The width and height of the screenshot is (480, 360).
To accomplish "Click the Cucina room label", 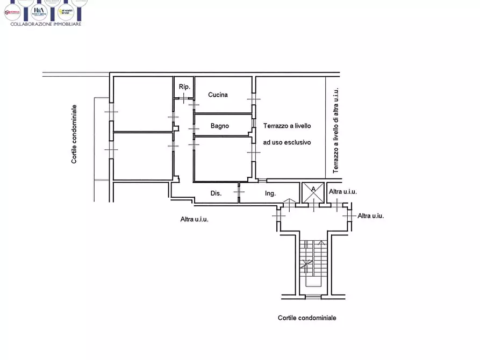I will tap(218, 95).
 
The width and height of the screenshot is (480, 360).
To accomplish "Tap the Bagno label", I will tap(219, 126).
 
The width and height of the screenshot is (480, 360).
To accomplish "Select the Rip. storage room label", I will tap(184, 86).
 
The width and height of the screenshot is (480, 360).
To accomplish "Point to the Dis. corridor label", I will tap(216, 193).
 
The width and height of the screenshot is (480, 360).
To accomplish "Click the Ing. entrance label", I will tap(270, 193).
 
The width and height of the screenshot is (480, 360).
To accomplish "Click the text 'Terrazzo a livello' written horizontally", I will tap(286, 126).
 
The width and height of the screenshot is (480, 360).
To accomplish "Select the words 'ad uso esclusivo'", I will tap(286, 143).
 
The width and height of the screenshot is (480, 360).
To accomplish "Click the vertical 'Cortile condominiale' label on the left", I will tap(74, 134).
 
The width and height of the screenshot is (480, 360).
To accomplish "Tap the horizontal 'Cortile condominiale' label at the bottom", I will tap(307, 318).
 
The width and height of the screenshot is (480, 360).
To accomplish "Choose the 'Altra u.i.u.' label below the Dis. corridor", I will tap(194, 219).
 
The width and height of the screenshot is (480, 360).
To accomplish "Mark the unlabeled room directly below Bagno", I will tap(223, 159).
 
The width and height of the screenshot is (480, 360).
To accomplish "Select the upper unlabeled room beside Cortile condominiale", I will tap(142, 103).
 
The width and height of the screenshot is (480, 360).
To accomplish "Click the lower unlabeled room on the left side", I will tap(142, 156).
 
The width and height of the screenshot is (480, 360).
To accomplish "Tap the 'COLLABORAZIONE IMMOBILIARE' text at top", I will tap(46, 24).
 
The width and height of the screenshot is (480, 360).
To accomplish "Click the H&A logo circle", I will tap(39, 11).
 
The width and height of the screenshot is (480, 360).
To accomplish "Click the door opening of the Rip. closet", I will tap(184, 98).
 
